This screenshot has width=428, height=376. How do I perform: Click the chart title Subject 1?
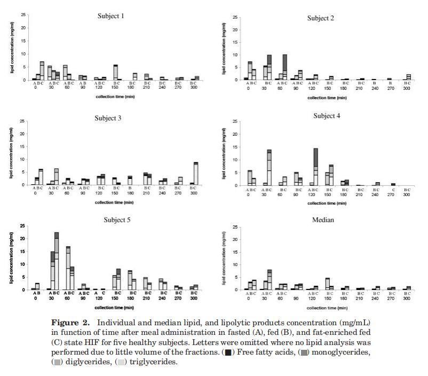(x=110, y=16)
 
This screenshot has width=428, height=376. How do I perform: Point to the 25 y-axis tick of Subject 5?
(x=22, y=225)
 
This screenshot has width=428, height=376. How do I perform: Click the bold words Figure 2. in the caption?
(x=69, y=323)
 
